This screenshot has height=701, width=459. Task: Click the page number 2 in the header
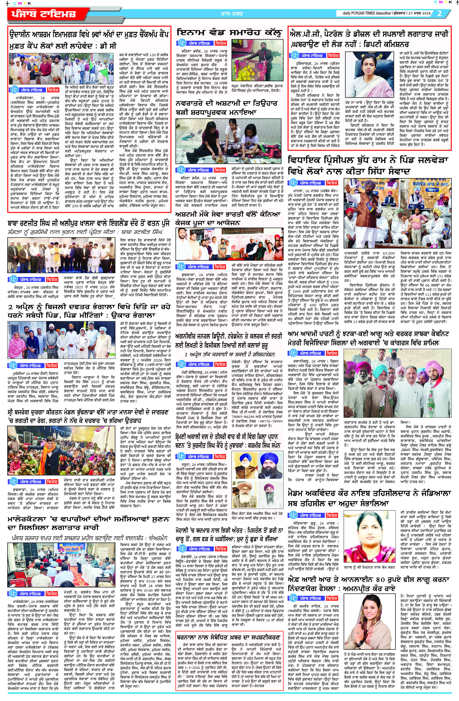click(439, 14)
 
